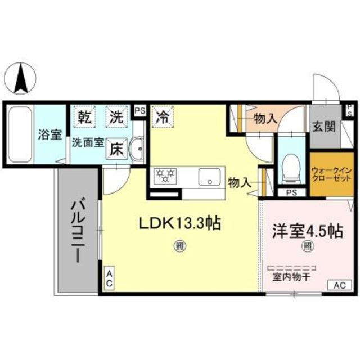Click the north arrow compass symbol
pos(21,79)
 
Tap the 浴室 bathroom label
pos(50,135)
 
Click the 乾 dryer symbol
pos(85,118)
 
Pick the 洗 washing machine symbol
pos(116,118)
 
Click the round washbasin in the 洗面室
pos(136,149)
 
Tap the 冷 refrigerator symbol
pos(162,118)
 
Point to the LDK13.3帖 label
pos(179,223)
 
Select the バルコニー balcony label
pos(77,231)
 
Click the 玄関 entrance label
pos(325,125)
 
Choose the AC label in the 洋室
pos(339,286)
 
